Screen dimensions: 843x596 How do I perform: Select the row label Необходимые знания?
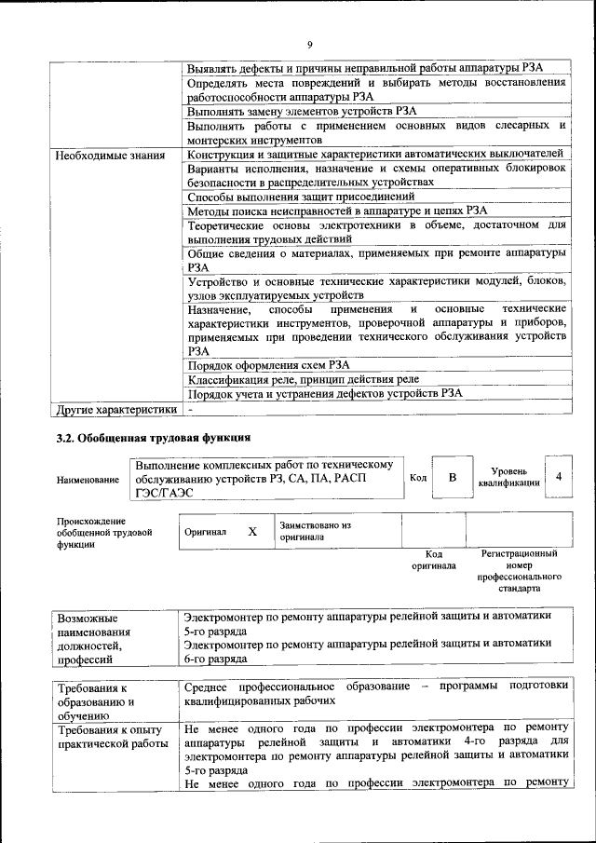point(111,155)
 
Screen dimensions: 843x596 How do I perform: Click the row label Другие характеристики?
point(116,409)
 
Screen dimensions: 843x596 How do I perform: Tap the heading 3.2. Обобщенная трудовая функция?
point(154,438)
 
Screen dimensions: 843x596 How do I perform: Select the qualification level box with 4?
point(558,477)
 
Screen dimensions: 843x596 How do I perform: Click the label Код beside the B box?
point(418,478)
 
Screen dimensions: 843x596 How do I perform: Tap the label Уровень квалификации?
point(508,477)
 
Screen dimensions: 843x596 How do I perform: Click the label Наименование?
point(88,480)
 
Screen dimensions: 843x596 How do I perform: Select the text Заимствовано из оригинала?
point(314,531)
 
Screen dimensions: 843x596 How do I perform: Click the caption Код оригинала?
point(433,559)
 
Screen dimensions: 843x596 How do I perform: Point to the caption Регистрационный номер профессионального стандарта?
point(519,571)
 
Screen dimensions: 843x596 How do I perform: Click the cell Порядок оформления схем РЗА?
point(269,365)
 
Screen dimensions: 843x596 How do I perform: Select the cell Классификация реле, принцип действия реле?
point(303,379)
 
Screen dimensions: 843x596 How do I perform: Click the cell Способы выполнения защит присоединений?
point(301,197)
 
